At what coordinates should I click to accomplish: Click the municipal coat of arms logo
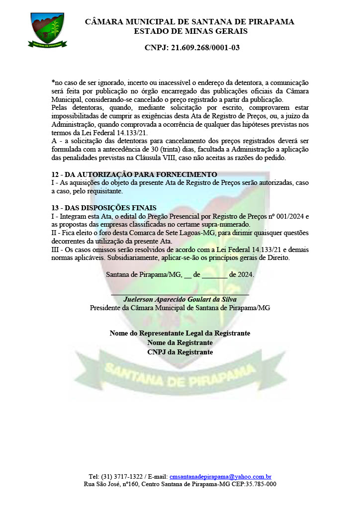point(47,30)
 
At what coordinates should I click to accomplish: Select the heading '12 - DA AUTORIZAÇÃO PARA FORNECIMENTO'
point(134,174)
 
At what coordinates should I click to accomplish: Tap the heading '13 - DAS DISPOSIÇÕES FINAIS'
point(104,208)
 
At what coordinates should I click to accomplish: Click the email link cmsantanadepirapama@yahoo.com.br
point(220,476)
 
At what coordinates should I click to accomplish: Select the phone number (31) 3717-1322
point(124,476)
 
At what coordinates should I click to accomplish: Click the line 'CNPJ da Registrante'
point(180,352)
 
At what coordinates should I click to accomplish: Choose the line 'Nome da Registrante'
point(180,342)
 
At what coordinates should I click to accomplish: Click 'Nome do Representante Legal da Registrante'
point(180,333)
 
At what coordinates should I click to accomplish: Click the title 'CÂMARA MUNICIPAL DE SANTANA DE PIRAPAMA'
point(190,22)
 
